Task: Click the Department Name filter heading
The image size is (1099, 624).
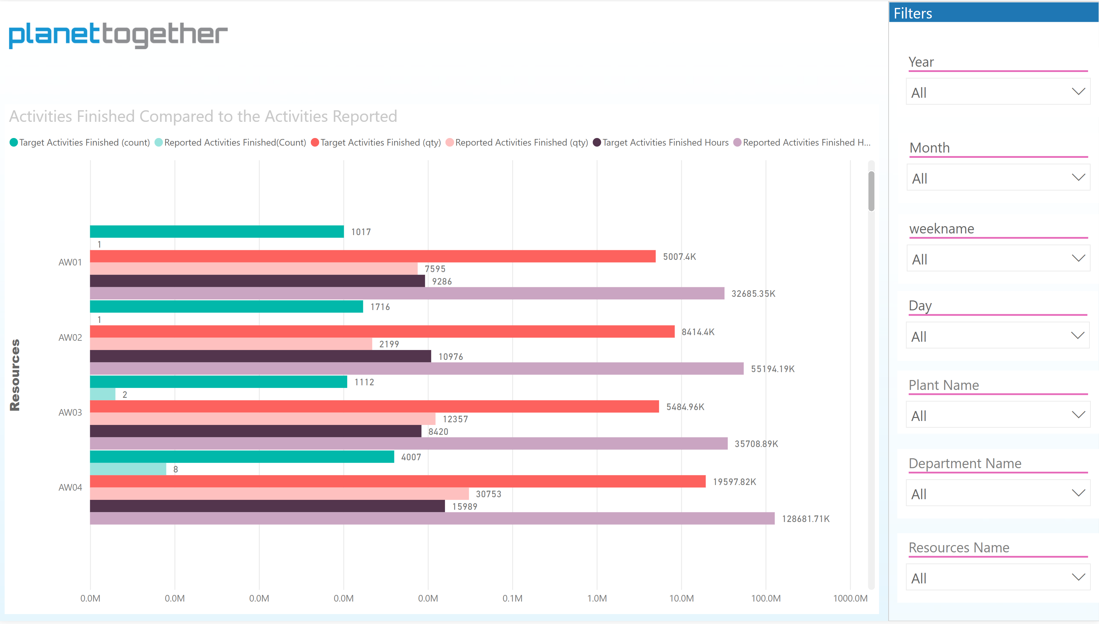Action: (965, 463)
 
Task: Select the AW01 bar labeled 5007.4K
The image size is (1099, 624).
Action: (372, 256)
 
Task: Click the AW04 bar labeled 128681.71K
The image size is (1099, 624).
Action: (432, 519)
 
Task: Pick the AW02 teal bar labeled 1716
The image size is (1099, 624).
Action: (226, 306)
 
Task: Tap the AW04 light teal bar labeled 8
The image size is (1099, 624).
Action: (128, 469)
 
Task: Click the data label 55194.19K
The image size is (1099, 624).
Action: (772, 369)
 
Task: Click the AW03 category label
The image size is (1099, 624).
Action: (70, 412)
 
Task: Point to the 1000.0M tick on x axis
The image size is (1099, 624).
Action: (850, 598)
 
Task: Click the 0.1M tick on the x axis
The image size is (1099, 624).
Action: (512, 598)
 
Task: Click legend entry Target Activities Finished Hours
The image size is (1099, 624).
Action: (665, 142)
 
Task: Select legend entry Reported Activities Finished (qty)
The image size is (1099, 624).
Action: (521, 142)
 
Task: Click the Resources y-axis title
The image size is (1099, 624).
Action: (15, 375)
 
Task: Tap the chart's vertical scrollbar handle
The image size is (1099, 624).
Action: (871, 191)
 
